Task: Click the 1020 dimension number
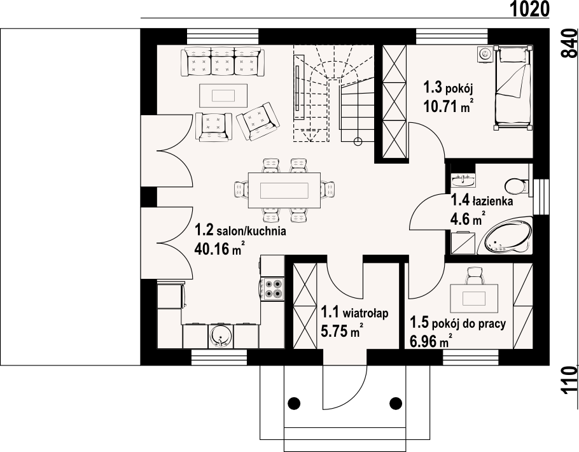tap(530, 9)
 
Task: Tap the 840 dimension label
tap(569, 44)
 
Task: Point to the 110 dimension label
tap(569, 381)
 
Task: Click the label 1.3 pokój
tap(449, 88)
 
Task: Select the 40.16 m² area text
tap(220, 248)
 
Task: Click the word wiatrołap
tap(366, 314)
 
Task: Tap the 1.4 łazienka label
tap(482, 201)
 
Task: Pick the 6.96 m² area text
tap(431, 341)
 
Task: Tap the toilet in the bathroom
tap(517, 187)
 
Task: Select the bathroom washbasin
tap(463, 181)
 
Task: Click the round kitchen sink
tap(220, 337)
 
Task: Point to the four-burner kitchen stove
tap(272, 289)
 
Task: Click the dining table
tap(284, 191)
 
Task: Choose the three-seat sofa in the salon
tap(223, 62)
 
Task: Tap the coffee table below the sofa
tap(223, 95)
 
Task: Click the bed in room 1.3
tap(513, 87)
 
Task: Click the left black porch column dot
tap(294, 402)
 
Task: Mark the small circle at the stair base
tap(358, 141)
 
